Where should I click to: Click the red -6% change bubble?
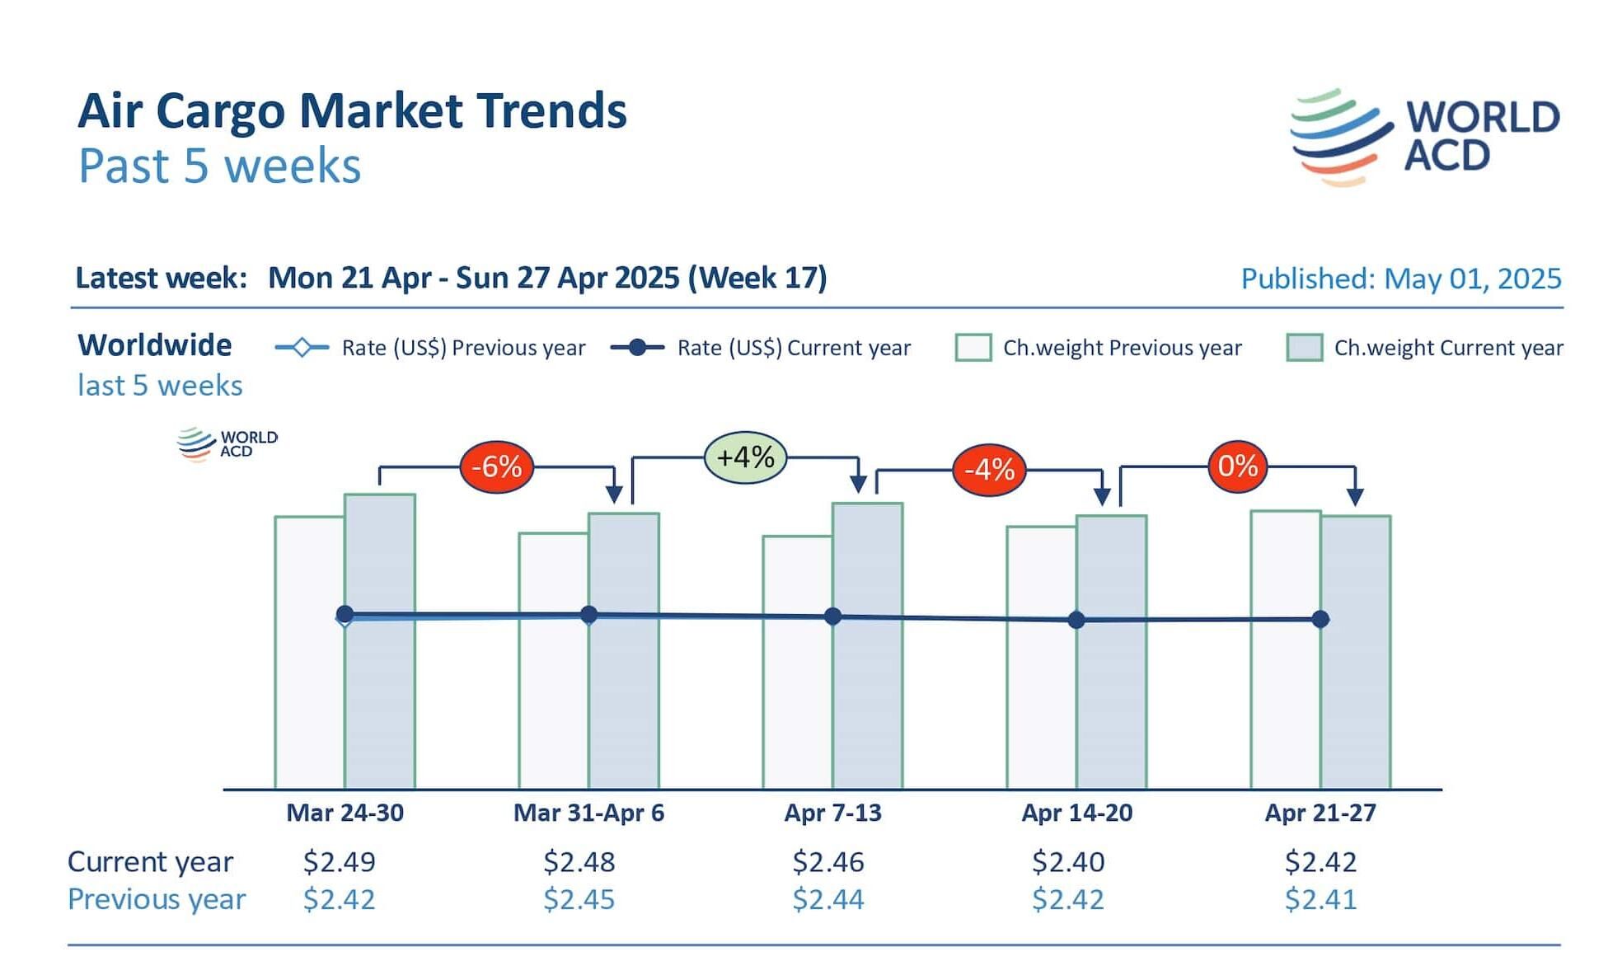(x=496, y=466)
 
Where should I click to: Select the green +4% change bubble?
(x=745, y=457)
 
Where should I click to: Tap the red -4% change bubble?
(x=989, y=470)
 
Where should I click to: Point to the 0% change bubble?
(x=1237, y=466)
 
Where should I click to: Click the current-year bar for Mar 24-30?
(x=380, y=701)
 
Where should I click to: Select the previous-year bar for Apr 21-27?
(x=1285, y=701)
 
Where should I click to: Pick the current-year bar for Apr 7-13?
(x=868, y=701)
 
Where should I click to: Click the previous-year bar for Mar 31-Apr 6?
(x=553, y=701)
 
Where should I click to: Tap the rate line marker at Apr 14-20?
(x=1076, y=620)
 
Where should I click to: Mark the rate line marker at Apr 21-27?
(x=1320, y=619)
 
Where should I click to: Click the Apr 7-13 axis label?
(x=832, y=813)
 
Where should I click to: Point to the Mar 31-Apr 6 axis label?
(x=588, y=813)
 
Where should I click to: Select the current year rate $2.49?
(x=339, y=861)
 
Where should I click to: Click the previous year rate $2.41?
(x=1320, y=899)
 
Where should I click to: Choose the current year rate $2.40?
(x=1068, y=861)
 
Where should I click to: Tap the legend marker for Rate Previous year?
(x=302, y=348)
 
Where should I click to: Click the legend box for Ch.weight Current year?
(x=1304, y=348)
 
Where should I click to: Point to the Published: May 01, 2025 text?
(x=1401, y=279)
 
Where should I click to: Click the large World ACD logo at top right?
(x=1424, y=137)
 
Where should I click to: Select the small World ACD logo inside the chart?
(x=227, y=443)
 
